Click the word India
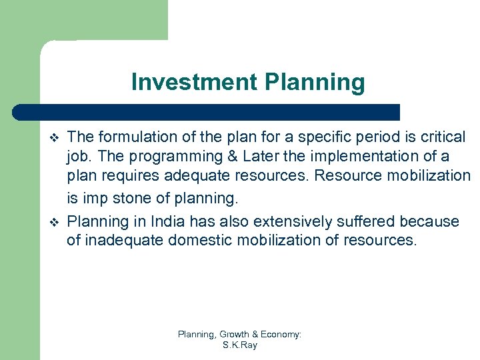click(170, 221)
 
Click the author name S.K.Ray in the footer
click(239, 345)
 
